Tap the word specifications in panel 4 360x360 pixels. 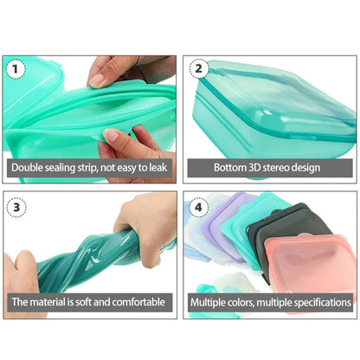[x=319, y=304]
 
